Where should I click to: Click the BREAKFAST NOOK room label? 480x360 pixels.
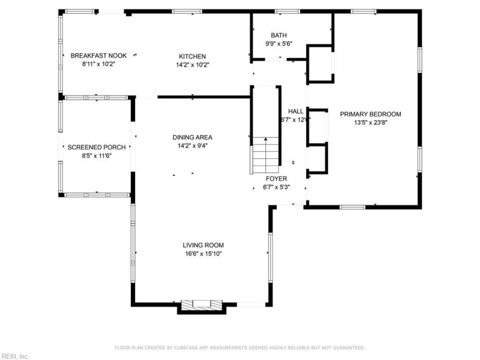click(x=98, y=55)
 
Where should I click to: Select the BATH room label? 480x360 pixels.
click(x=279, y=35)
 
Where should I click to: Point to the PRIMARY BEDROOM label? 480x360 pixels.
click(x=370, y=114)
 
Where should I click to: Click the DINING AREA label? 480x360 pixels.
click(x=192, y=137)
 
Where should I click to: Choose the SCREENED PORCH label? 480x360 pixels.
click(x=89, y=147)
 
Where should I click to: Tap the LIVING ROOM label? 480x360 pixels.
click(x=203, y=245)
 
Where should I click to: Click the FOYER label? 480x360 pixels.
click(x=277, y=179)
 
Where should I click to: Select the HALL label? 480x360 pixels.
click(x=296, y=111)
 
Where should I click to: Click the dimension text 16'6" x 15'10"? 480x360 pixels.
click(x=203, y=254)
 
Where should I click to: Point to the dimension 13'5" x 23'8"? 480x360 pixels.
click(x=370, y=123)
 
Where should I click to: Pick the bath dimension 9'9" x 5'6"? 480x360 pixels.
click(x=279, y=44)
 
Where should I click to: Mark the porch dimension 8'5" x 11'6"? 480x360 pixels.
click(x=89, y=155)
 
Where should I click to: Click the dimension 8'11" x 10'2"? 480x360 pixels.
click(x=98, y=64)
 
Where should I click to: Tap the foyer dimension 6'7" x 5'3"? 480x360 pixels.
click(x=277, y=187)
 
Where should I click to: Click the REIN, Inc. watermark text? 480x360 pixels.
click(x=15, y=356)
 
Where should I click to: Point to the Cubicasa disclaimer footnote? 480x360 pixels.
click(x=240, y=347)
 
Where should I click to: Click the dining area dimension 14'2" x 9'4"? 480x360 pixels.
click(x=192, y=146)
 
